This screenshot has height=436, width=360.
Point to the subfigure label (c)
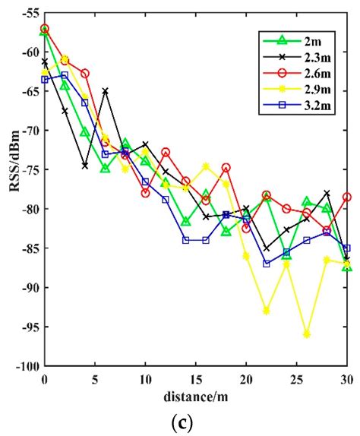pyautogui.click(x=195, y=422)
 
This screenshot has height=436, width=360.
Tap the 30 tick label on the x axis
pyautogui.click(x=346, y=378)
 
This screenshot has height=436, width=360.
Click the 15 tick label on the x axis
pyautogui.click(x=195, y=378)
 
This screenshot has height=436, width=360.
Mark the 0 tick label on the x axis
pyautogui.click(x=45, y=378)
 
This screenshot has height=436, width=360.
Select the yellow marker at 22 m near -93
pyautogui.click(x=267, y=311)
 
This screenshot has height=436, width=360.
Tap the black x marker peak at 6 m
pyautogui.click(x=105, y=91)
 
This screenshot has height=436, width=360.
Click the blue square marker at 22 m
pyautogui.click(x=267, y=264)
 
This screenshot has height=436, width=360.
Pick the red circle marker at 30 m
pyautogui.click(x=347, y=197)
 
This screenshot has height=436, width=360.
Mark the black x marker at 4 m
pyautogui.click(x=85, y=166)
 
